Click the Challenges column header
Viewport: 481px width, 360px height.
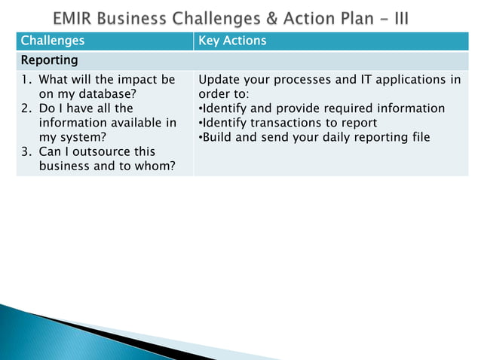(52, 41)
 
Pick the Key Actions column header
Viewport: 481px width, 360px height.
(231, 41)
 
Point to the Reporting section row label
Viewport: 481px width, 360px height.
(49, 59)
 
